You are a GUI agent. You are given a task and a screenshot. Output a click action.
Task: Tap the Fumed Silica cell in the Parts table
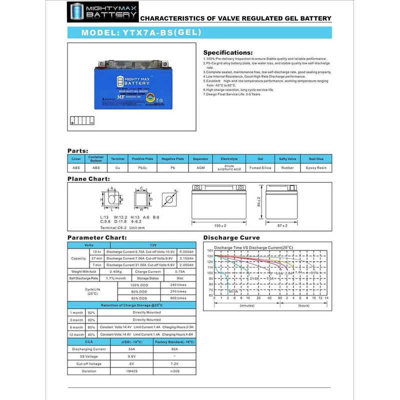pyautogui.click(x=260, y=167)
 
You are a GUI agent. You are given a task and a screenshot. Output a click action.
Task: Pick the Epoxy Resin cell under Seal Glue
pyautogui.click(x=316, y=167)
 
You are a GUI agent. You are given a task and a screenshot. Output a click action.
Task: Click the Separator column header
pyautogui.click(x=200, y=158)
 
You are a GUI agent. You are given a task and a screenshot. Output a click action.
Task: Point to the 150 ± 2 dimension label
pyautogui.click(x=220, y=225)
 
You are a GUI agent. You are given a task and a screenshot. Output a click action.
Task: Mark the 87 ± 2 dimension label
pyautogui.click(x=282, y=225)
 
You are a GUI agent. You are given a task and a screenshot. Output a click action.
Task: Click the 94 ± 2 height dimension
pyautogui.click(x=259, y=201)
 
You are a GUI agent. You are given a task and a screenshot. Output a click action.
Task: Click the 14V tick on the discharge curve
pyautogui.click(x=210, y=250)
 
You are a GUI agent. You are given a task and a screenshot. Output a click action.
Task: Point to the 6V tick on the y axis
pyautogui.click(x=210, y=295)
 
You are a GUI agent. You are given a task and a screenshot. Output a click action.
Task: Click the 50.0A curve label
pyautogui.click(x=233, y=291)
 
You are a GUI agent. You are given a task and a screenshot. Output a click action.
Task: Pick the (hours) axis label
pyautogui.click(x=303, y=305)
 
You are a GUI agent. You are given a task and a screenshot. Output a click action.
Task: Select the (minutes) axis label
pyautogui.click(x=247, y=305)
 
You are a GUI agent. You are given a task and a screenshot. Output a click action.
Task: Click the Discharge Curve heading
pyautogui.click(x=231, y=237)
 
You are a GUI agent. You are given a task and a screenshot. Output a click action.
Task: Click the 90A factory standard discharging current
pyautogui.click(x=174, y=349)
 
